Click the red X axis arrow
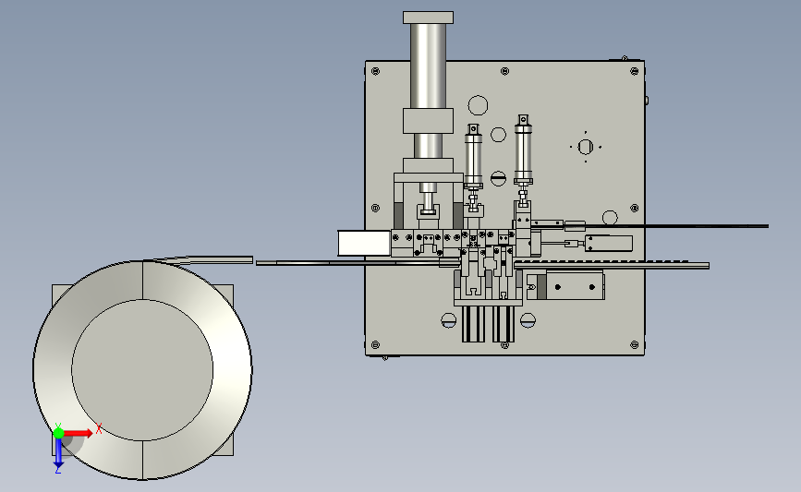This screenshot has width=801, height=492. [x=78, y=433]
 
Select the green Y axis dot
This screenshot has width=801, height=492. [x=58, y=433]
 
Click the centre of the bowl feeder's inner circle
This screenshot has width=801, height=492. [x=142, y=370]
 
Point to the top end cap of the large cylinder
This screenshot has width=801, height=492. [x=428, y=18]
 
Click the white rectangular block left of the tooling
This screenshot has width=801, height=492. [x=364, y=243]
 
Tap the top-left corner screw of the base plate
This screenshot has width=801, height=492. [x=375, y=71]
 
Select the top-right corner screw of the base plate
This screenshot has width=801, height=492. [x=635, y=71]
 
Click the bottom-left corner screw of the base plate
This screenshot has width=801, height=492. [x=375, y=345]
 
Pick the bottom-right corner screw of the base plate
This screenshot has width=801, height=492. [x=635, y=345]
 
